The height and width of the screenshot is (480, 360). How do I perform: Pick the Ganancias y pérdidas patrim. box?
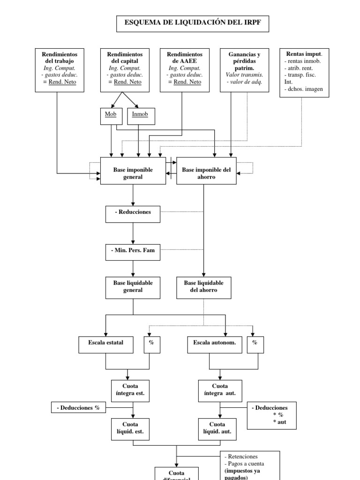point(244,68)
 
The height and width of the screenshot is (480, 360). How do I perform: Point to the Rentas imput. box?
point(304,72)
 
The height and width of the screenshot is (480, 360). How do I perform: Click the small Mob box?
point(111,115)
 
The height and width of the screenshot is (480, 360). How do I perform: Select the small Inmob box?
point(140,115)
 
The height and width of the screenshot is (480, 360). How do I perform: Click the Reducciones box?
point(133,212)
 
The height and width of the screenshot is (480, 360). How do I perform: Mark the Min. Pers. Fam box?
point(133,250)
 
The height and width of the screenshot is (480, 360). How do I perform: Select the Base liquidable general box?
point(133,287)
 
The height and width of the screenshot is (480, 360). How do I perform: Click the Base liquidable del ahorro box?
point(203,287)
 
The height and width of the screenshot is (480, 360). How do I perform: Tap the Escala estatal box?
point(106,343)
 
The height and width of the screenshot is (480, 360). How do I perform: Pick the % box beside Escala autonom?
point(255,343)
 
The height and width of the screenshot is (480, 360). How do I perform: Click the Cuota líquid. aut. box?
point(220,428)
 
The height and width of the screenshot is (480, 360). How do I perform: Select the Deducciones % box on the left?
point(78,408)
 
